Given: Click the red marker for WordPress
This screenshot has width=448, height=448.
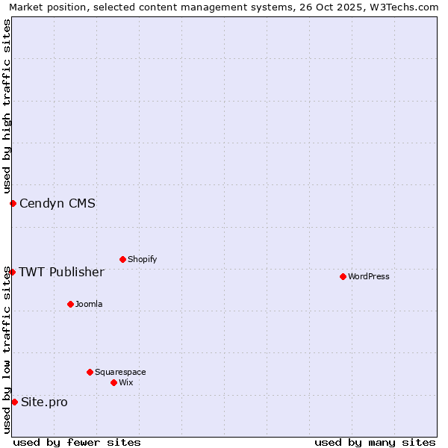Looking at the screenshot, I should pos(343,276).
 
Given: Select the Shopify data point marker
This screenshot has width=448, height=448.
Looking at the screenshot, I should pos(122,259).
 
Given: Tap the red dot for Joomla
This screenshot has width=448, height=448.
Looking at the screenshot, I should pos(70,304).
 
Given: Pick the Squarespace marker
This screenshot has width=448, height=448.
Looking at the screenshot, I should pos(90,372).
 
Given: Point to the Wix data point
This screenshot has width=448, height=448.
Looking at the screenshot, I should pos(113,382).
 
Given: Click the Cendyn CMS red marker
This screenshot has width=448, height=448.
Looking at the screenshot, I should pos(13,203).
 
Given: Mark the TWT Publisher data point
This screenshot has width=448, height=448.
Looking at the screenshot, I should pos(12,272).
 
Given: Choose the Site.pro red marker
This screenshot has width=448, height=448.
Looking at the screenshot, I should pos(14,402).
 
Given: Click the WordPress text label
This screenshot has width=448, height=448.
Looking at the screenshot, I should pos(369,276).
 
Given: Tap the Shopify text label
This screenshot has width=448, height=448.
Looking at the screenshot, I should pos(142,259).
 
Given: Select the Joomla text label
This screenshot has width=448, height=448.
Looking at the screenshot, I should pos(89,304).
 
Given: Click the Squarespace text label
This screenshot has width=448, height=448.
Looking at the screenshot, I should pos(120,372).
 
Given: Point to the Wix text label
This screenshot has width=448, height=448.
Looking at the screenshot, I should pos(125,382).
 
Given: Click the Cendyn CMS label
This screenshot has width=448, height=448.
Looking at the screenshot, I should pos(57,203).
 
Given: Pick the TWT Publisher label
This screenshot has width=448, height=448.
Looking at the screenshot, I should pos(61,272).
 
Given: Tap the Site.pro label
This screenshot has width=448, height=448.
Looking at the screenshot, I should pos(44,402).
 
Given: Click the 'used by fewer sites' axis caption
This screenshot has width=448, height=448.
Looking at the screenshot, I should pos(77,442).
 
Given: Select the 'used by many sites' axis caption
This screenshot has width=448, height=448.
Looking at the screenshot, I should pos(375,442).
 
